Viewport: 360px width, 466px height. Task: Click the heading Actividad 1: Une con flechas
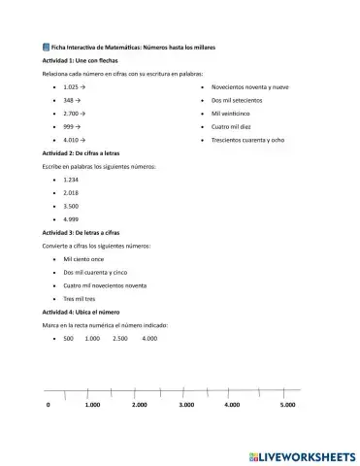[x=77, y=60]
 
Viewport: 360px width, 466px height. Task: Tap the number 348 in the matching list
[x=70, y=100]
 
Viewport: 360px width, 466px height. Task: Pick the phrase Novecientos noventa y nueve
[x=249, y=86]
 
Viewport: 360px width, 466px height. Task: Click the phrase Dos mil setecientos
[x=237, y=100]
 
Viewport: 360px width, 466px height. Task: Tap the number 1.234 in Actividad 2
[x=71, y=180]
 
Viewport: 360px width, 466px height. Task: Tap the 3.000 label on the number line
[x=186, y=404]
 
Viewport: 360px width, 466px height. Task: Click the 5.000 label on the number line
[x=287, y=404]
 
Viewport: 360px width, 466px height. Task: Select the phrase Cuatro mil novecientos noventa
[x=105, y=285]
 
